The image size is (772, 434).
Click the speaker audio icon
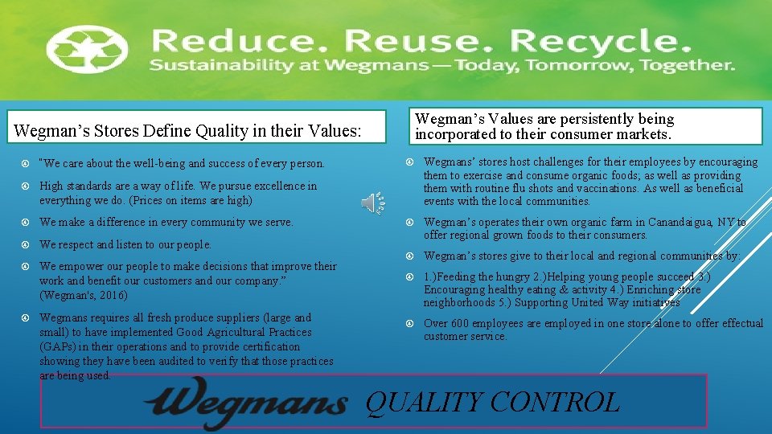coord(372,203)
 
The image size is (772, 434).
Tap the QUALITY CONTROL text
coord(492,402)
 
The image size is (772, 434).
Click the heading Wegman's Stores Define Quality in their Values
coord(187,129)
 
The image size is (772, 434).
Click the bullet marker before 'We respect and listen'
coord(27,244)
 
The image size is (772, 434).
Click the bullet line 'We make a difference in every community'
coord(166,222)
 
